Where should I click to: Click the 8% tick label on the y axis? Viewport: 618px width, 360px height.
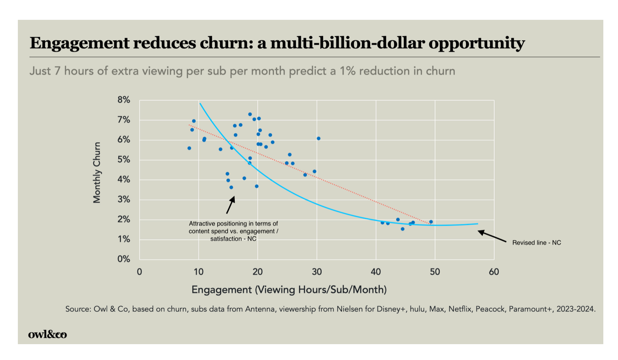click(x=123, y=100)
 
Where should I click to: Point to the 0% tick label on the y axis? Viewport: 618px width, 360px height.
click(x=123, y=259)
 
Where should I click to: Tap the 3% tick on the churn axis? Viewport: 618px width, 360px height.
click(x=123, y=199)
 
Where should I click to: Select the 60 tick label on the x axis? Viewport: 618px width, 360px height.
click(x=494, y=272)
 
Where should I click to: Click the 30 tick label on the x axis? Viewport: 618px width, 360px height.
click(x=317, y=272)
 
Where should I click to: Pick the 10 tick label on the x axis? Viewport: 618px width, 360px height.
click(x=198, y=272)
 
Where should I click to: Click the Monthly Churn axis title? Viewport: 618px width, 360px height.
click(x=97, y=172)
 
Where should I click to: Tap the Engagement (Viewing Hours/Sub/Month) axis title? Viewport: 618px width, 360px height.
click(x=289, y=290)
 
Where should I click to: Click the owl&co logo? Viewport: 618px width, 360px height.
click(x=48, y=334)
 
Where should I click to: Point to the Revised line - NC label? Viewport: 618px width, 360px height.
click(x=536, y=243)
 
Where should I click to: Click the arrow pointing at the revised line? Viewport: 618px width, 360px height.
click(x=492, y=236)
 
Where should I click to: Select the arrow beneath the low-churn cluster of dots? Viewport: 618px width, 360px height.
click(x=230, y=205)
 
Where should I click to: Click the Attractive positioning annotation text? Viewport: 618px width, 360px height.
click(x=233, y=231)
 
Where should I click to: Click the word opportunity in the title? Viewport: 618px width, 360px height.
click(x=476, y=43)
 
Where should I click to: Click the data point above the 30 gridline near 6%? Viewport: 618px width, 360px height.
click(x=319, y=138)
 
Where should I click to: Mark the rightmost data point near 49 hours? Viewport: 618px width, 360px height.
click(x=431, y=222)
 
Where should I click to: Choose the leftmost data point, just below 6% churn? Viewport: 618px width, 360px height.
click(x=189, y=148)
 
